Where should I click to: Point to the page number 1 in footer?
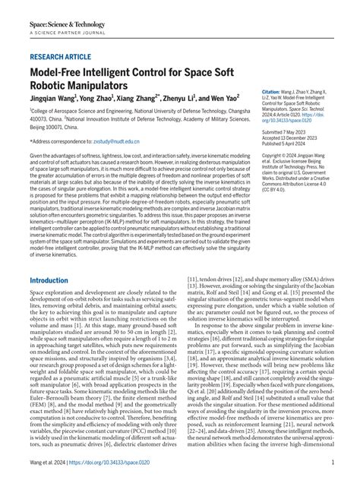pos(332,464)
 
